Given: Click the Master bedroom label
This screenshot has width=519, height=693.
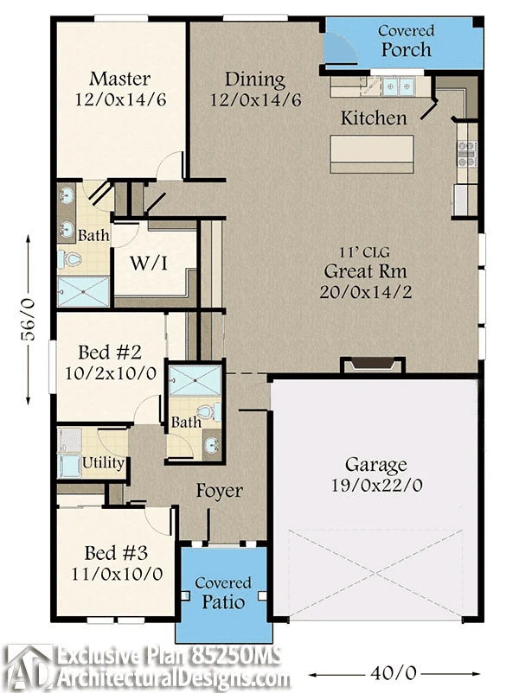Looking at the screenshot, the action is point(120,79).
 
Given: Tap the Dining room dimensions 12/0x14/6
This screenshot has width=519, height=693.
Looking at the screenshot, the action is point(255,100).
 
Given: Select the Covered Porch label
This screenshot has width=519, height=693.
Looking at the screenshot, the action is point(406,41).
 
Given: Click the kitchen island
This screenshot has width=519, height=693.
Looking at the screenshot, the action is point(372,154).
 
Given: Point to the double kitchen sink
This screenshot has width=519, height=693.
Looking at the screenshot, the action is point(399,87).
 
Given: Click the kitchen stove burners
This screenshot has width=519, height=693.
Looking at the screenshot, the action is point(467,153).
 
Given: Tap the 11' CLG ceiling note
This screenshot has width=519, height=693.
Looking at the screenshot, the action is point(364,252).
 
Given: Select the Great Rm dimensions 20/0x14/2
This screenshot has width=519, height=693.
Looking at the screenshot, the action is point(366,292).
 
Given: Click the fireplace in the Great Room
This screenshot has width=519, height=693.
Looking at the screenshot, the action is point(373,365).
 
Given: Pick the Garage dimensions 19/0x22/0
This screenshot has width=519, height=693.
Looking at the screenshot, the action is point(376,486).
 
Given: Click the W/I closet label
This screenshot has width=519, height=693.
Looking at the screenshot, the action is point(149,264).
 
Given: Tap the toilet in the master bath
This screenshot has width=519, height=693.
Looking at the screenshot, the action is point(69,259).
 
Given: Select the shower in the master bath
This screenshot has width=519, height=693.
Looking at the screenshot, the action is point(83,291).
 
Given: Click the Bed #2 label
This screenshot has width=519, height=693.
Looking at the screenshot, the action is point(110,353).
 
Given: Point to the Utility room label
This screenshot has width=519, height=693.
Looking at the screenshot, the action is point(103,463).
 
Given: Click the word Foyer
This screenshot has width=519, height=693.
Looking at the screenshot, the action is point(220,491).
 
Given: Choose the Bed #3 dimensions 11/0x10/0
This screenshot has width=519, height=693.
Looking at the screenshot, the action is point(117,574).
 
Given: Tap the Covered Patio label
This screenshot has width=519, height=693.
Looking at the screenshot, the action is point(223,593).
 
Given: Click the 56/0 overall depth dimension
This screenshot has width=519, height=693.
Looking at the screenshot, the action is point(29,320).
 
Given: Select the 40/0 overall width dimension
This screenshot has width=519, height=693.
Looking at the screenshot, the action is point(394,673).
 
